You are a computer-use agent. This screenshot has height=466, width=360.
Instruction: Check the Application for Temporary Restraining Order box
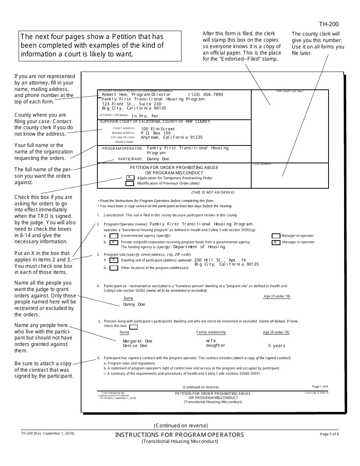click(130, 178)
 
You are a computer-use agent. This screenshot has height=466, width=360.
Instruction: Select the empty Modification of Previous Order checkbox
click(130, 183)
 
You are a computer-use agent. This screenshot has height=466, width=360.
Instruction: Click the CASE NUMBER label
click(262, 164)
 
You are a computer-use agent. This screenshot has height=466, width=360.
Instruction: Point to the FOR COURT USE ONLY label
click(290, 91)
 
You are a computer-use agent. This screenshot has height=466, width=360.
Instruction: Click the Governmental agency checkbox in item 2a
click(114, 236)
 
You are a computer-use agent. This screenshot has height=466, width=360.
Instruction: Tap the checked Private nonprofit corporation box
click(114, 242)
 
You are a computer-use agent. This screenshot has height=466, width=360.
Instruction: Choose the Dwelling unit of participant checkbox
click(114, 260)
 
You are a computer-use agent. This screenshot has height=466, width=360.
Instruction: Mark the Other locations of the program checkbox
click(114, 268)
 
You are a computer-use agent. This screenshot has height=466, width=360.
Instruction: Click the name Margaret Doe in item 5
click(137, 341)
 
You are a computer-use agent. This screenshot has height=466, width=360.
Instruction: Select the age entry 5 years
click(277, 346)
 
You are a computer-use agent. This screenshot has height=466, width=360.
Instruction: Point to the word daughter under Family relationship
click(215, 346)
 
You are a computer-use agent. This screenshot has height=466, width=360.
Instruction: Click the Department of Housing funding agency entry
click(199, 247)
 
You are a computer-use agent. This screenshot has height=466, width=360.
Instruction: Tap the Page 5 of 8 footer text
click(329, 434)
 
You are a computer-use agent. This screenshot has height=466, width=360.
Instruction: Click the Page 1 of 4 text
click(320, 386)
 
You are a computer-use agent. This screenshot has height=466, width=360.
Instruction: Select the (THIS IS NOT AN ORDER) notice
click(213, 192)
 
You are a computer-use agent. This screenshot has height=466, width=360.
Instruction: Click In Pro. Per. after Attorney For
click(146, 116)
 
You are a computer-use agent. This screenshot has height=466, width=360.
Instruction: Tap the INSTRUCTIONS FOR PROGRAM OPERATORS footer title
click(180, 435)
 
